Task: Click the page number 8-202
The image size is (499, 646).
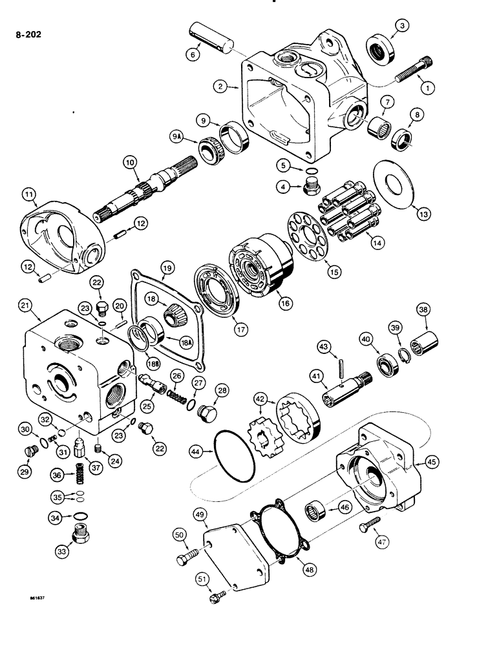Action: tap(28, 35)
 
